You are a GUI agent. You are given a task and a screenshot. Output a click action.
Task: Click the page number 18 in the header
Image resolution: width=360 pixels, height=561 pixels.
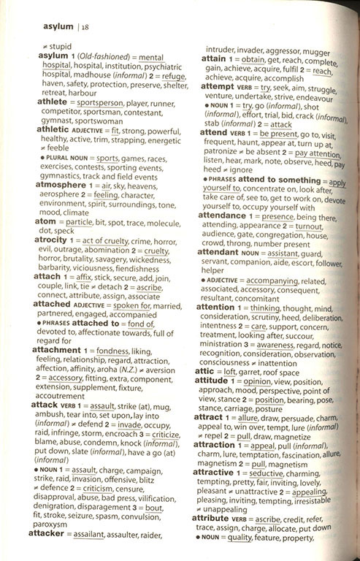click(x=85, y=28)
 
